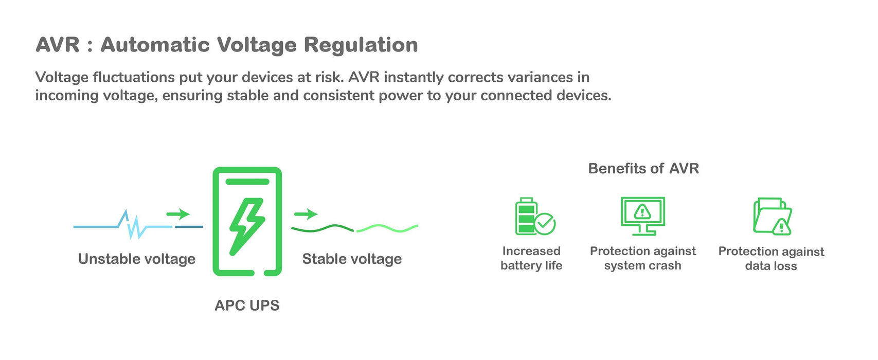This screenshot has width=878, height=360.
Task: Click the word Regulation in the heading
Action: [x=361, y=45]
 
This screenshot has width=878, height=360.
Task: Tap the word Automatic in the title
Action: [x=155, y=45]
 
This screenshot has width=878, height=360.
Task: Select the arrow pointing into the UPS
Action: [x=178, y=214]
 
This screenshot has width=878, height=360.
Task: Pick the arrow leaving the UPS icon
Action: [x=306, y=214]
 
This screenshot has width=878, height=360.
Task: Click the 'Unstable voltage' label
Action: [x=137, y=259]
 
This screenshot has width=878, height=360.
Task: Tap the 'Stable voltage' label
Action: [x=352, y=259]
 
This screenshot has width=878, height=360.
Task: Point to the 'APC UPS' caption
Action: [x=247, y=305]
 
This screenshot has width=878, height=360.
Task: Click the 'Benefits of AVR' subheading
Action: [x=643, y=169]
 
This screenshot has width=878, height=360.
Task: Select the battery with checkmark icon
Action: [x=534, y=217]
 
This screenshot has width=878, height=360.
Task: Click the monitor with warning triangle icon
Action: [x=643, y=215]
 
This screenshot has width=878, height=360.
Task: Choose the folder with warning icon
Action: [x=772, y=217]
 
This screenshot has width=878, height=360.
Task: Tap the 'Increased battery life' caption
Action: [x=531, y=258]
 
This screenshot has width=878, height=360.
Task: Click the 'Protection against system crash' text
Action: [x=643, y=258]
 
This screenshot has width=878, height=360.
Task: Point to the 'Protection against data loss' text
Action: [x=771, y=258]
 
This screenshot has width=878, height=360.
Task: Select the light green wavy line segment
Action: [x=387, y=228]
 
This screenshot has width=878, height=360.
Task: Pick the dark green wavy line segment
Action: [x=322, y=228]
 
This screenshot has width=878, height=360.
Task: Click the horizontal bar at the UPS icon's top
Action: [x=247, y=182]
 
